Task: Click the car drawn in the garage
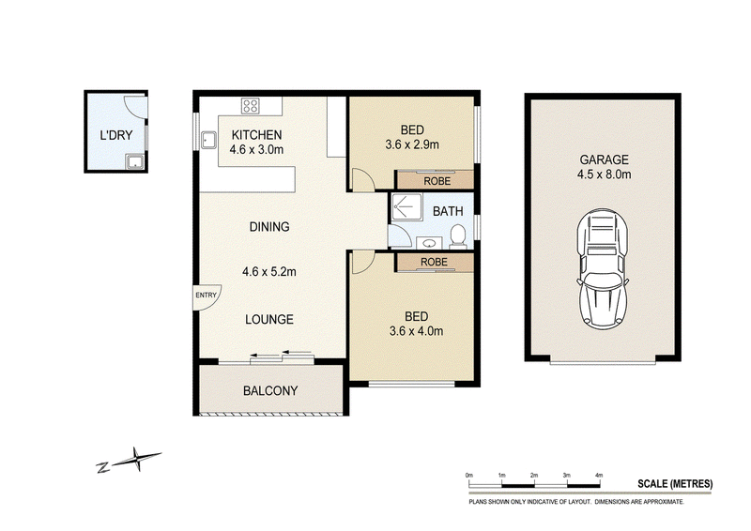(x=603, y=269)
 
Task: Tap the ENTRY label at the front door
(x=206, y=295)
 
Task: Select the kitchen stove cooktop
(x=250, y=106)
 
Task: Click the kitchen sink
(x=208, y=140)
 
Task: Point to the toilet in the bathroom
(x=458, y=237)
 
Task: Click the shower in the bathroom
(x=406, y=206)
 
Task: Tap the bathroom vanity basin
(x=429, y=243)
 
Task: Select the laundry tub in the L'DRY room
(x=134, y=162)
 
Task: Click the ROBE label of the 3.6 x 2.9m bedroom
(x=437, y=181)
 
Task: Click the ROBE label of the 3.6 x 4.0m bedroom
(x=434, y=262)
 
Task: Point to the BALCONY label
(x=270, y=390)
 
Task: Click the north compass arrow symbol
(x=130, y=461)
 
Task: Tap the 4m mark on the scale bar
(x=599, y=475)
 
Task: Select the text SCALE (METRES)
(x=675, y=483)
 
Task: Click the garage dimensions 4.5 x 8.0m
(x=604, y=174)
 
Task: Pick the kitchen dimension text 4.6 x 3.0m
(x=256, y=149)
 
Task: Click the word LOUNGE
(x=269, y=319)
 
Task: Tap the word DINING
(x=269, y=226)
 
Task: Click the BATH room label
(x=448, y=211)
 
